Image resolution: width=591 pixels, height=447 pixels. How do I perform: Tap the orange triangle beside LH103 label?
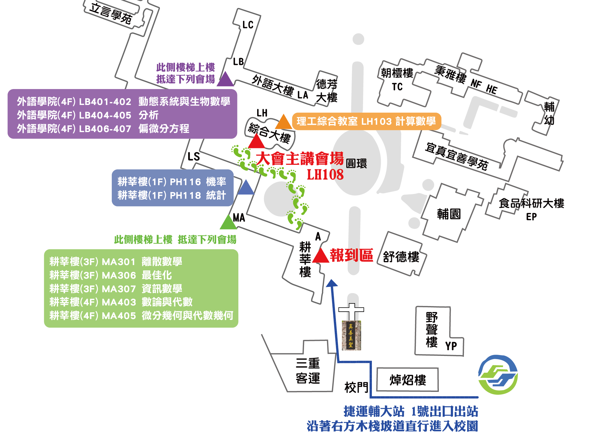click(x=283, y=122)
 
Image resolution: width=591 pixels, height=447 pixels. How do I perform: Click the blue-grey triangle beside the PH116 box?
click(x=246, y=187)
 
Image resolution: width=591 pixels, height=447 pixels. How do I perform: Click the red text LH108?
click(x=325, y=175)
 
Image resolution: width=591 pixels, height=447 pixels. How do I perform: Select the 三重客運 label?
click(x=308, y=371)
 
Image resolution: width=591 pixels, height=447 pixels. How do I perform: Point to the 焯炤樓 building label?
click(x=408, y=380)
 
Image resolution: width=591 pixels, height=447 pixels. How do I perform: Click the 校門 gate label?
click(x=357, y=387)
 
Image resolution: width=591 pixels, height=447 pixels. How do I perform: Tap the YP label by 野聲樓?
click(x=451, y=346)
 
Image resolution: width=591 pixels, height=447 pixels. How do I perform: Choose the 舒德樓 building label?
click(x=401, y=257)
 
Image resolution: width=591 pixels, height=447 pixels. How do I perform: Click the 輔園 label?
click(x=449, y=214)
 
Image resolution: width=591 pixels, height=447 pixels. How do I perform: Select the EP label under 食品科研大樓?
click(x=531, y=217)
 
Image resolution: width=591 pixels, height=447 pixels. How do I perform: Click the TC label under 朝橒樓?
click(x=397, y=87)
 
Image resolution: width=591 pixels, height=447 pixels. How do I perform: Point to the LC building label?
click(x=248, y=25)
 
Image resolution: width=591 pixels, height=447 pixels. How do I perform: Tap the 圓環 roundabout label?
click(x=356, y=163)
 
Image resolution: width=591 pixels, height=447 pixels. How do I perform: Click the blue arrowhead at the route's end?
click(x=332, y=283)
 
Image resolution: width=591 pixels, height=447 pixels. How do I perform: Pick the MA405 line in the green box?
click(x=141, y=315)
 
